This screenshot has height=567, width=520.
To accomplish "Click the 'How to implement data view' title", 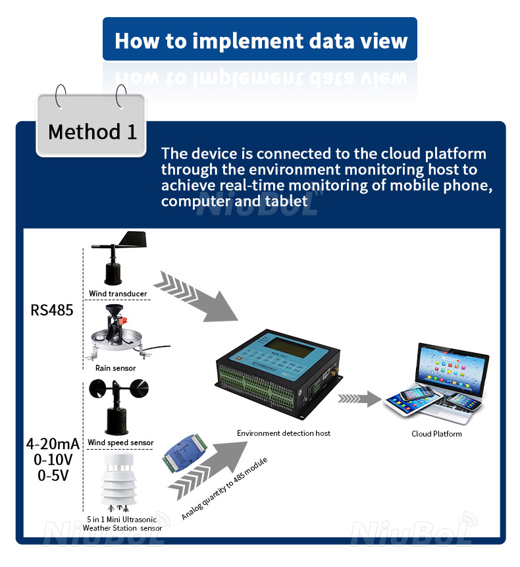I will tap(260, 41).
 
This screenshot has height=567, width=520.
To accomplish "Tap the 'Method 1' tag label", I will tap(92, 132).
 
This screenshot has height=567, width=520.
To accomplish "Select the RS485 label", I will tap(52, 310).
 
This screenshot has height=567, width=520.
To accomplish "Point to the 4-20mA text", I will tap(52, 445).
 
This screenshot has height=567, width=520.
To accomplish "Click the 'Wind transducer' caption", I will tap(118, 294).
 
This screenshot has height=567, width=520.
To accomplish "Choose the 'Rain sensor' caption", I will tap(115, 368).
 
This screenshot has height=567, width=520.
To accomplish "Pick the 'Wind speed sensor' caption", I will tap(120, 443).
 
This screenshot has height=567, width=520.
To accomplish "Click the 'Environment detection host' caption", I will tap(283, 433).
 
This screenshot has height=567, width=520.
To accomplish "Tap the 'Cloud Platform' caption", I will tap(436, 433).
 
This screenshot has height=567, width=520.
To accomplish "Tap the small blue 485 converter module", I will tap(185, 455).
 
